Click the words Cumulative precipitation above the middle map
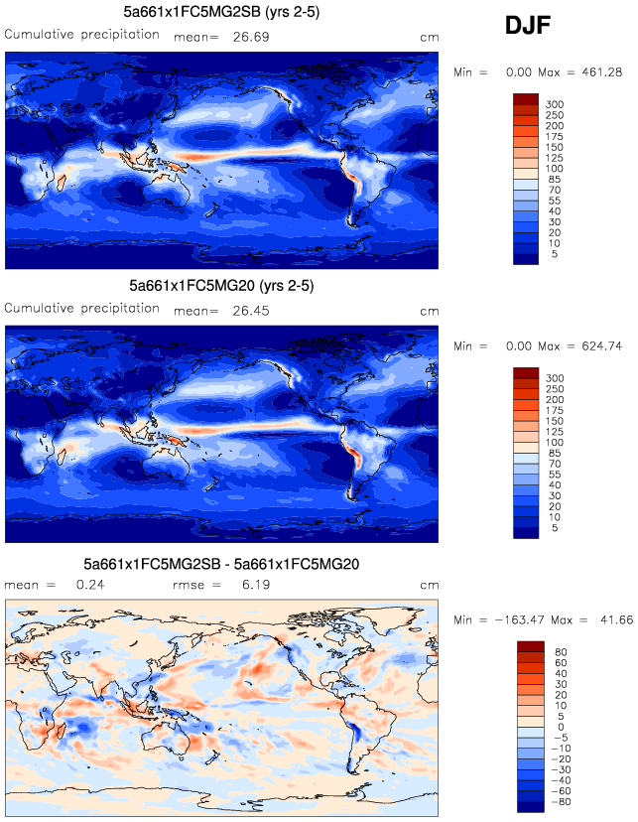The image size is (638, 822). click(x=82, y=309)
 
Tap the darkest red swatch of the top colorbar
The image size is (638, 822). click(x=525, y=98)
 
